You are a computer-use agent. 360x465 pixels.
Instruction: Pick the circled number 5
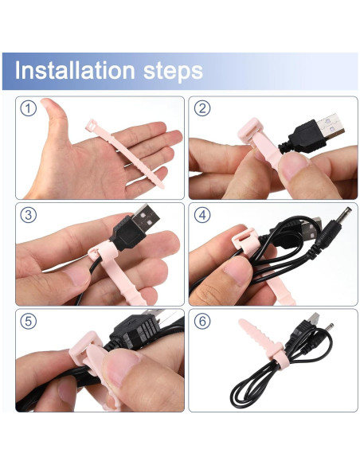click(x=29, y=322)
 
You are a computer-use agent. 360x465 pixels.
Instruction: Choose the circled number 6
click(x=202, y=322)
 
